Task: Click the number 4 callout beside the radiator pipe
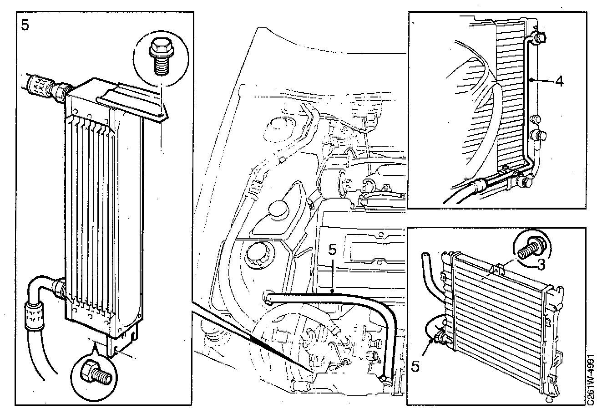[x=559, y=82]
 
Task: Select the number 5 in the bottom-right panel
[x=415, y=366]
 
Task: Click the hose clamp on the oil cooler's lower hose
[x=32, y=316]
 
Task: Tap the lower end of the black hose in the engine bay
[x=385, y=378]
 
